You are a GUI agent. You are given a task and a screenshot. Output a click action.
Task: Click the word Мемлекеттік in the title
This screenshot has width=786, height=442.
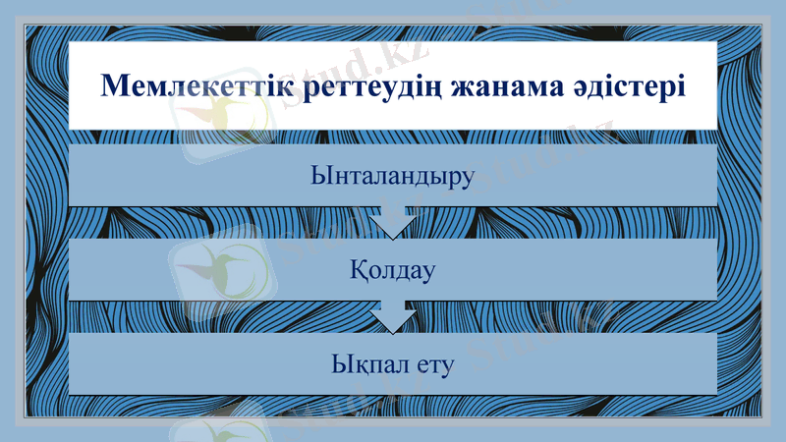pos(180,85)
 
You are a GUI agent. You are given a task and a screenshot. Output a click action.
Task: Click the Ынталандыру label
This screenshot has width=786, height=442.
pos(392,177)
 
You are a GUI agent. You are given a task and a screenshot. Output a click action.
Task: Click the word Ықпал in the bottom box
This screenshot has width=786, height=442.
pos(366,366)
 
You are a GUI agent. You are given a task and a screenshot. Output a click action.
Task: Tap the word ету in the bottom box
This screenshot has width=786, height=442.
pos(433,366)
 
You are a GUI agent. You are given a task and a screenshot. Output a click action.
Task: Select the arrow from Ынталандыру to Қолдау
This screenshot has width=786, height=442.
pos(393,222)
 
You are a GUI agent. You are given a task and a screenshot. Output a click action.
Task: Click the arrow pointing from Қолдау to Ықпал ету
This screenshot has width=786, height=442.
pos(393,316)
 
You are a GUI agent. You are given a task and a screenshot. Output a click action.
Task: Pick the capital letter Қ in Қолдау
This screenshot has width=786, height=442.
pos(358,269)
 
